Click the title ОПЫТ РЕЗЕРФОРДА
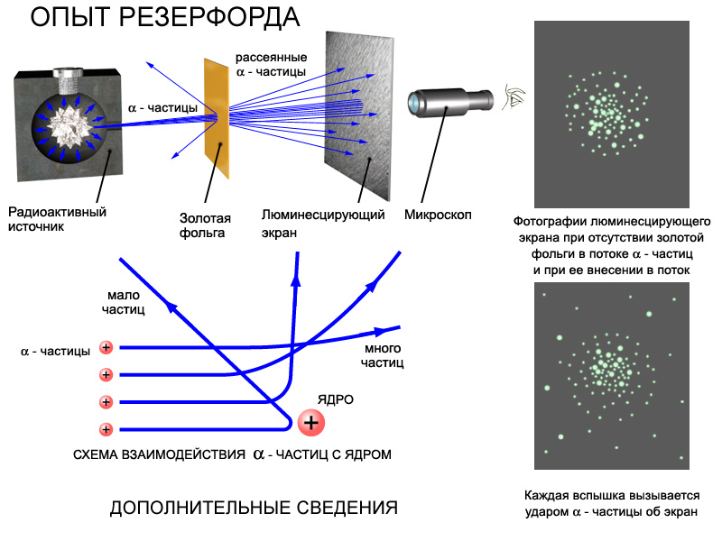coord(165,17)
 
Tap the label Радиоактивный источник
coord(57,219)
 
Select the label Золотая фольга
coord(205,225)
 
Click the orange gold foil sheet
coord(217,118)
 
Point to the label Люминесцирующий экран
coord(323,223)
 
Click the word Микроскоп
coord(438,215)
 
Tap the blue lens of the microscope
coord(414,103)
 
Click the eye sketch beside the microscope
coord(514,97)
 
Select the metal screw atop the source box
coord(67,78)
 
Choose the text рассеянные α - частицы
coord(271,64)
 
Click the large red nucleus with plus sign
coord(310,422)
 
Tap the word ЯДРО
coord(335,399)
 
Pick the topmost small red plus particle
coord(106,347)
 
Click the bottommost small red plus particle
coord(106,429)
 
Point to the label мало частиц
coord(123,302)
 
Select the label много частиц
coord(382,355)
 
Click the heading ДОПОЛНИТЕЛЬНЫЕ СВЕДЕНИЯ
coord(254,508)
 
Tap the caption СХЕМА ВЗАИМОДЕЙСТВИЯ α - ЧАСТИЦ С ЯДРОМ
coord(232,454)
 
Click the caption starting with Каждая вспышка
coord(612,504)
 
